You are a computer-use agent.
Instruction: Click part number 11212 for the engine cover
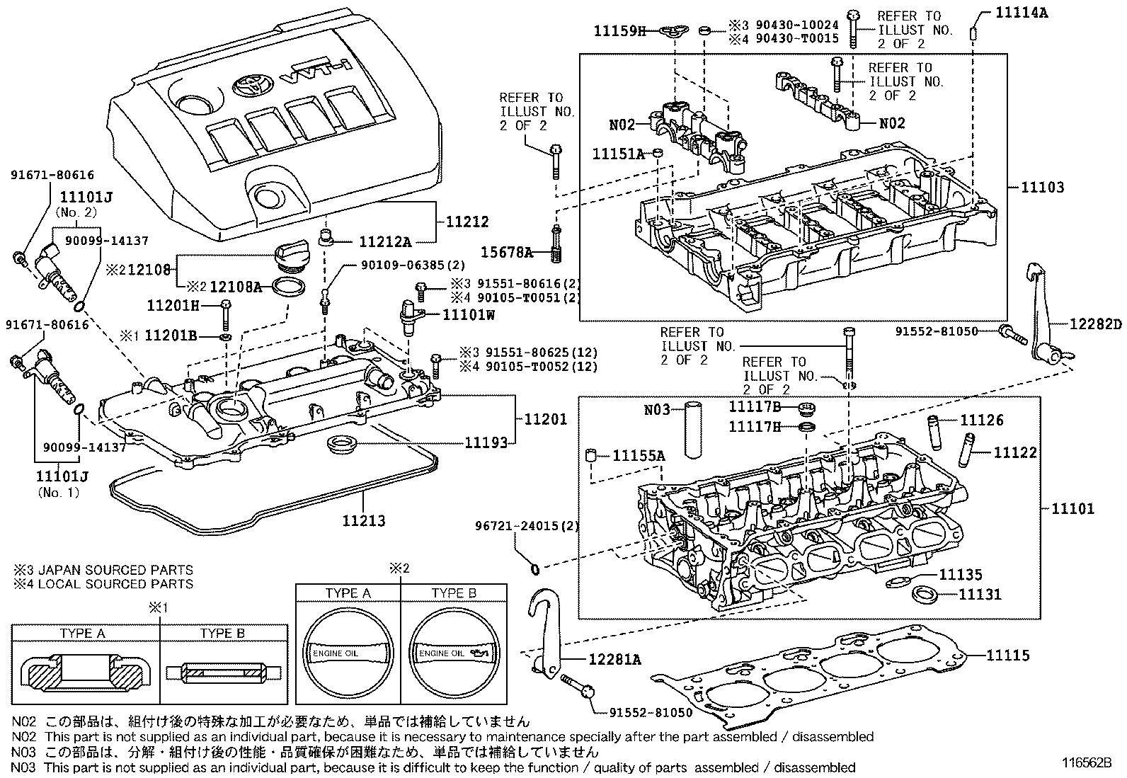tap(467, 222)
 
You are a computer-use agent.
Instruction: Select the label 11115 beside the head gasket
tap(1008, 656)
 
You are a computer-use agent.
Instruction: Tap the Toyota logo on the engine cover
tap(246, 86)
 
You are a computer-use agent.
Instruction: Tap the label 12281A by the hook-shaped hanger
tap(614, 660)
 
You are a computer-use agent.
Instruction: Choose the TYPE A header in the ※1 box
tap(82, 634)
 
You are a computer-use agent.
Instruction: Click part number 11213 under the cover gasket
tap(364, 521)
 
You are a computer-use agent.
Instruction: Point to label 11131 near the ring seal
tap(980, 594)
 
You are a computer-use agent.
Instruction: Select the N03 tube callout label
tap(657, 410)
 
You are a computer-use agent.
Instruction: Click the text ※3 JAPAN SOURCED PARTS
tap(103, 570)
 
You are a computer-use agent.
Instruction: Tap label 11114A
tap(1022, 12)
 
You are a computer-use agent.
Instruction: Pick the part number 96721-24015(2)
tap(527, 526)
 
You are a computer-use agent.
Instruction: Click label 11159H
tap(619, 30)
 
